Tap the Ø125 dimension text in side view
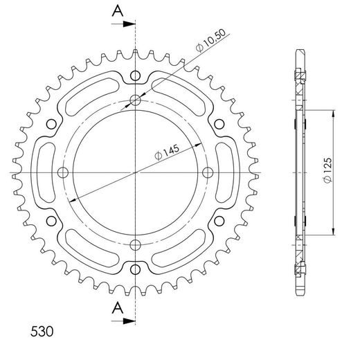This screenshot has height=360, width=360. [x=327, y=170]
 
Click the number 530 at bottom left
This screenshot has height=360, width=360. [x=42, y=332]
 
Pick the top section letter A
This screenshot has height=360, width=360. [x=118, y=11]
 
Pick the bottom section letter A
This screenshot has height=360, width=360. [x=118, y=307]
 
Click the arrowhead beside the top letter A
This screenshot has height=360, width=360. [x=129, y=24]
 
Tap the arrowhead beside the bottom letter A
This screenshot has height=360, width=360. [x=129, y=321]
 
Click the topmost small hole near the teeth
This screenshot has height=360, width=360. [x=135, y=75]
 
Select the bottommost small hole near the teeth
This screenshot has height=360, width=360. [x=135, y=269]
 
